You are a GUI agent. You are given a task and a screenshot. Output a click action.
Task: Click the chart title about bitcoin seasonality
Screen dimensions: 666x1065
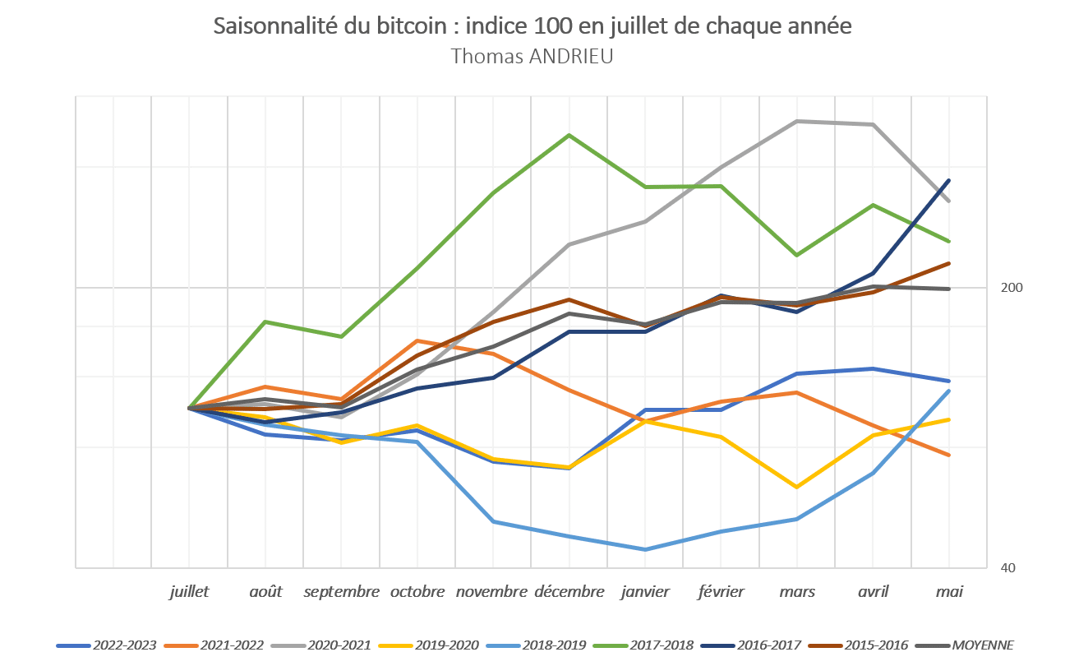(532, 26)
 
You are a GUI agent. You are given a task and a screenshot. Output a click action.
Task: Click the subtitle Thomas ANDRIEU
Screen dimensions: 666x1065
(532, 56)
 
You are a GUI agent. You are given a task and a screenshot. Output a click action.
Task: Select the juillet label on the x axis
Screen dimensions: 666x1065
(189, 592)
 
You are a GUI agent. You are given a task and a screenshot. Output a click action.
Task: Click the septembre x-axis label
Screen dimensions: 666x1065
(341, 592)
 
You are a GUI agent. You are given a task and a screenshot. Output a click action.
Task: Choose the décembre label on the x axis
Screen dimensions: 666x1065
(569, 592)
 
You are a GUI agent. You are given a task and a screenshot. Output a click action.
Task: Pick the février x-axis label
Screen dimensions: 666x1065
(721, 592)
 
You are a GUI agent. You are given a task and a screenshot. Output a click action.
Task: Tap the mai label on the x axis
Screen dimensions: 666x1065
(949, 592)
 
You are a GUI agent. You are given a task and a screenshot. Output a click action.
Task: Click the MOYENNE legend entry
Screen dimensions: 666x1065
(983, 645)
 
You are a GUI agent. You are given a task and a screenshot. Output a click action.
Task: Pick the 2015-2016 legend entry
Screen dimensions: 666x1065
(878, 645)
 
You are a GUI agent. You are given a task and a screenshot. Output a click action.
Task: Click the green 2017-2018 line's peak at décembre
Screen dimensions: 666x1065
(569, 135)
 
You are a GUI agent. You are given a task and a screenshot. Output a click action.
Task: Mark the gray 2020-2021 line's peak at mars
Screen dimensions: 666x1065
(797, 122)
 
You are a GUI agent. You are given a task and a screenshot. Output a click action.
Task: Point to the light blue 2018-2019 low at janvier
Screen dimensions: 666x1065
(645, 549)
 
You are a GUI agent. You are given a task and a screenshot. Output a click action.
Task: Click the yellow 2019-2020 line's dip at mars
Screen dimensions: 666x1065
(797, 487)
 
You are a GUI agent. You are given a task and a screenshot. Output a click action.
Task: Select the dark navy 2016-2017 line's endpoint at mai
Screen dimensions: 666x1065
(949, 180)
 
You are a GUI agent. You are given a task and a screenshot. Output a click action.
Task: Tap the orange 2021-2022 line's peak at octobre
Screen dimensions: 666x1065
(417, 340)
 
